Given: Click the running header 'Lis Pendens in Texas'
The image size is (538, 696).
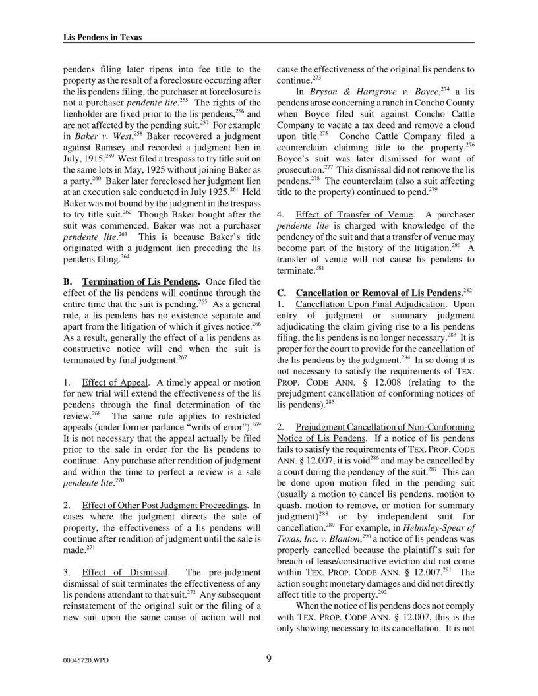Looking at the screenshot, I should (x=98, y=38).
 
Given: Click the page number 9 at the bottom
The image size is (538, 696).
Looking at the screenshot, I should (x=269, y=656).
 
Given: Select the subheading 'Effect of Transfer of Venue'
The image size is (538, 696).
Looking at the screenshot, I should (x=355, y=214).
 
